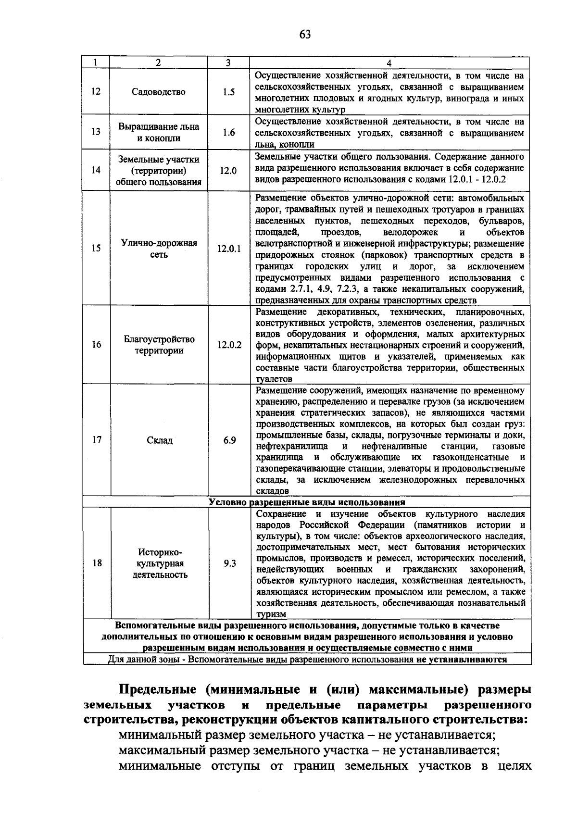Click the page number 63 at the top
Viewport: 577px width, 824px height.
(x=305, y=34)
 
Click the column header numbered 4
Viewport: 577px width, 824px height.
(x=389, y=63)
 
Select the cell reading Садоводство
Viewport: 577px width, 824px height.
(x=159, y=92)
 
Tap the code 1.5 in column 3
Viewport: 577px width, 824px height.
(x=229, y=92)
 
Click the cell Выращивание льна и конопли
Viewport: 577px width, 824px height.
(x=159, y=132)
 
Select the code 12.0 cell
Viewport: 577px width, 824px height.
(x=229, y=170)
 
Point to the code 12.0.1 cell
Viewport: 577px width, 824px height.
(x=229, y=249)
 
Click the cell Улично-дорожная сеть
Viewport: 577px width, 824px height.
(x=159, y=249)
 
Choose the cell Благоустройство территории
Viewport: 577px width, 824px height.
(x=159, y=345)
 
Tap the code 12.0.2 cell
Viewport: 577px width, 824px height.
(x=229, y=345)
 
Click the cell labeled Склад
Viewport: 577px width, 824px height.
(x=159, y=440)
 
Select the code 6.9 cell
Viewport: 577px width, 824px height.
(x=229, y=440)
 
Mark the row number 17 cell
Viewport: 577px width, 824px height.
(x=97, y=440)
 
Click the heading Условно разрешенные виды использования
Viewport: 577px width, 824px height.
(x=307, y=502)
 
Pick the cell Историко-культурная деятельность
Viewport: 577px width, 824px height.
(x=160, y=563)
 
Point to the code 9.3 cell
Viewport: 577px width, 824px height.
(x=229, y=563)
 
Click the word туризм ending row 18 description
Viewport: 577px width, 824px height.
(x=271, y=614)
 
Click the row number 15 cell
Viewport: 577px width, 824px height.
(x=96, y=249)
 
